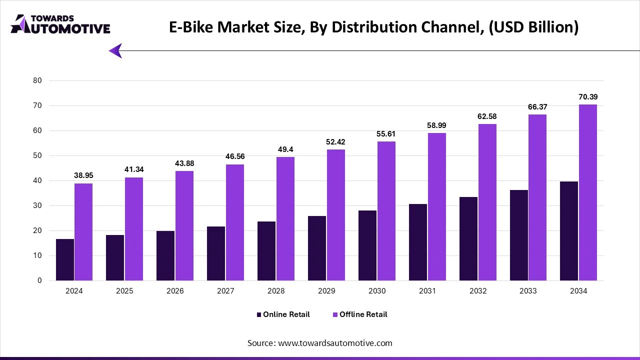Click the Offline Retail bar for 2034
pyautogui.click(x=588, y=192)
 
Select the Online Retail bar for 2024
pyautogui.click(x=65, y=259)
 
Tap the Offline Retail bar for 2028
pyautogui.click(x=285, y=218)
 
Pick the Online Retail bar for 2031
pyautogui.click(x=417, y=242)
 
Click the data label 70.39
pyautogui.click(x=588, y=97)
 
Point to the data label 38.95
pyautogui.click(x=83, y=175)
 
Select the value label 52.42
pyautogui.click(x=335, y=142)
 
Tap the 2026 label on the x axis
pyautogui.click(x=175, y=291)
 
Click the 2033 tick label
pyautogui.click(x=528, y=291)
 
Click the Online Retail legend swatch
pyautogui.click(x=259, y=314)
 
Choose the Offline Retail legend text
pyautogui.click(x=363, y=314)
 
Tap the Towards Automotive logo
pyautogui.click(x=60, y=24)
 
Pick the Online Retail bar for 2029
pyautogui.click(x=317, y=248)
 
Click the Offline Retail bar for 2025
pyautogui.click(x=134, y=228)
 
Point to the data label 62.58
pyautogui.click(x=487, y=116)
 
